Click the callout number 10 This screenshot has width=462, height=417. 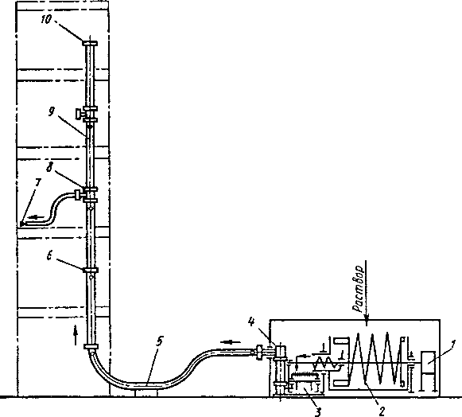click(x=46, y=20)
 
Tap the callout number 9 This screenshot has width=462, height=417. click(x=51, y=111)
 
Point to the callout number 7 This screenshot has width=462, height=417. click(x=37, y=183)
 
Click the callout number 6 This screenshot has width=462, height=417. click(x=49, y=256)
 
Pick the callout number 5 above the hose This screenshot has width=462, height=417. click(x=159, y=341)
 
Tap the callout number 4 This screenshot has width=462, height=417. click(x=251, y=322)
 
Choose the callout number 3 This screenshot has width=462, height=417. click(x=317, y=411)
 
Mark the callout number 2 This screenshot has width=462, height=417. click(x=382, y=411)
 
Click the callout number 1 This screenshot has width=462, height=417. click(x=453, y=344)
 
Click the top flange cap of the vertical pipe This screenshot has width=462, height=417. click(x=90, y=43)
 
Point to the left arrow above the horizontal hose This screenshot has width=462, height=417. click(x=231, y=342)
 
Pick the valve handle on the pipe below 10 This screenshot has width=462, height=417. click(x=78, y=115)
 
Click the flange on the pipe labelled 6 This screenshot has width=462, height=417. click(x=91, y=270)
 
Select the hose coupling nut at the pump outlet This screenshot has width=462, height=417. click(x=259, y=352)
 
